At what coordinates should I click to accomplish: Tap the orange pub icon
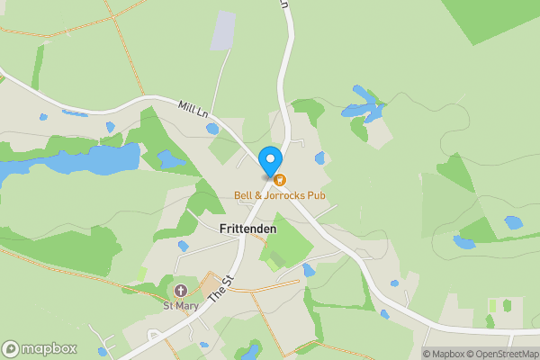(280, 180)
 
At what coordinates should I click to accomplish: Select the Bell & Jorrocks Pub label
(280, 195)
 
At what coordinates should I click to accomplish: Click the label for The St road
(220, 289)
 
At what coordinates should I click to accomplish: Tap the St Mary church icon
(181, 290)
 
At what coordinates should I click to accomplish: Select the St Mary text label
(180, 305)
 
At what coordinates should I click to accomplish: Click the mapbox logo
(40, 349)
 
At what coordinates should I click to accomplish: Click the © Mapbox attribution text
(445, 354)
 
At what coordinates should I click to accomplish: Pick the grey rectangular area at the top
(222, 31)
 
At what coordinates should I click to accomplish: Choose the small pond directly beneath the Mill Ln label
(212, 129)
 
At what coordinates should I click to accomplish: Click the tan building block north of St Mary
(210, 284)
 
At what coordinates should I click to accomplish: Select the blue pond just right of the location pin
(319, 158)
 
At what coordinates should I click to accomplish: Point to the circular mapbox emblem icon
(11, 349)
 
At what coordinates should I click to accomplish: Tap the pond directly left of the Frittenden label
(183, 245)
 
